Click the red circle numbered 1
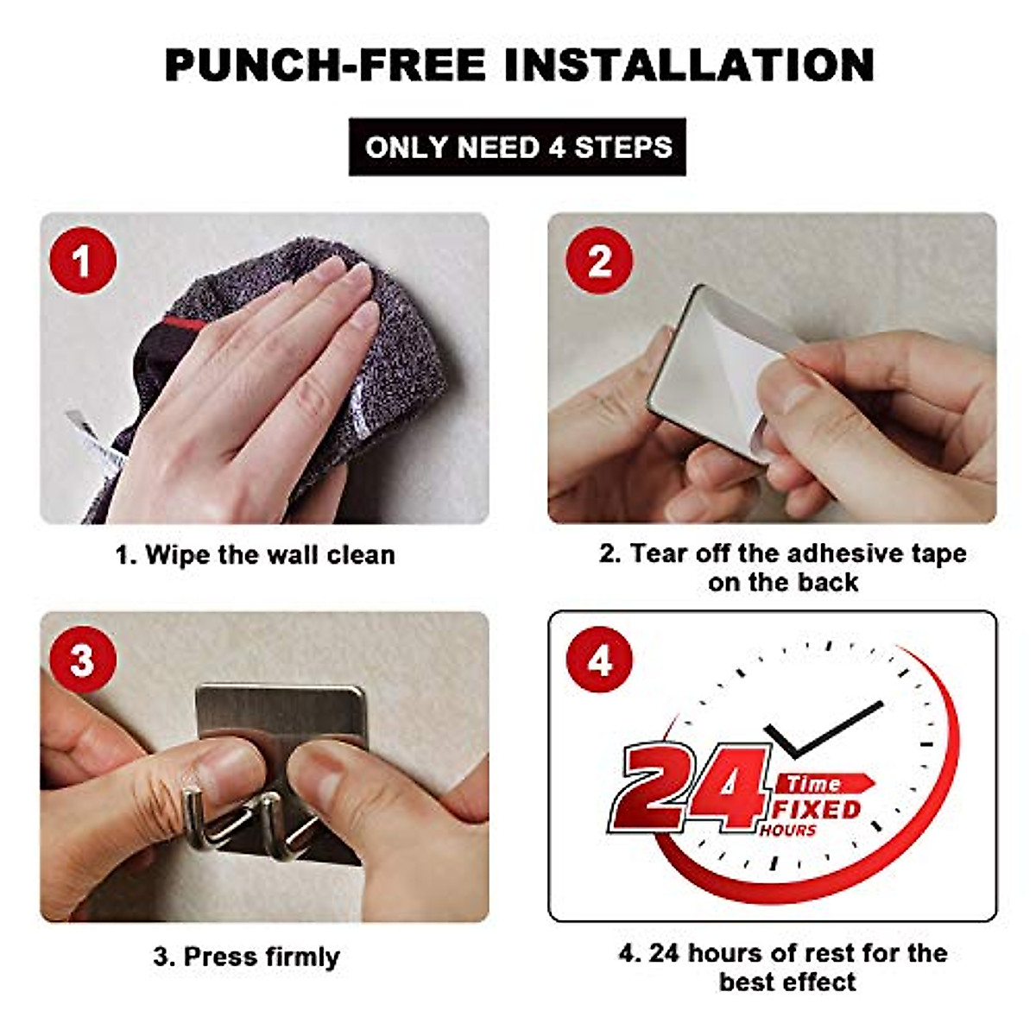tap(82, 261)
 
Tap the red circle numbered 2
tap(599, 261)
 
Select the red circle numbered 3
tap(82, 660)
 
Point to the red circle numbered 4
tap(599, 660)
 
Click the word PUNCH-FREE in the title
tap(325, 65)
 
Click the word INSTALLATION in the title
tap(689, 65)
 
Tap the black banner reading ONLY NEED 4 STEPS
tap(517, 147)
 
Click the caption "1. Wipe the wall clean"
tap(256, 554)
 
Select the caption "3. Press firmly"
tap(246, 957)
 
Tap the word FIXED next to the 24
tap(817, 809)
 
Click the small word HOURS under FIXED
tap(787, 830)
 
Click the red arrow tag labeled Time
tap(824, 783)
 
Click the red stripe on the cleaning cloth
tap(184, 323)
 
